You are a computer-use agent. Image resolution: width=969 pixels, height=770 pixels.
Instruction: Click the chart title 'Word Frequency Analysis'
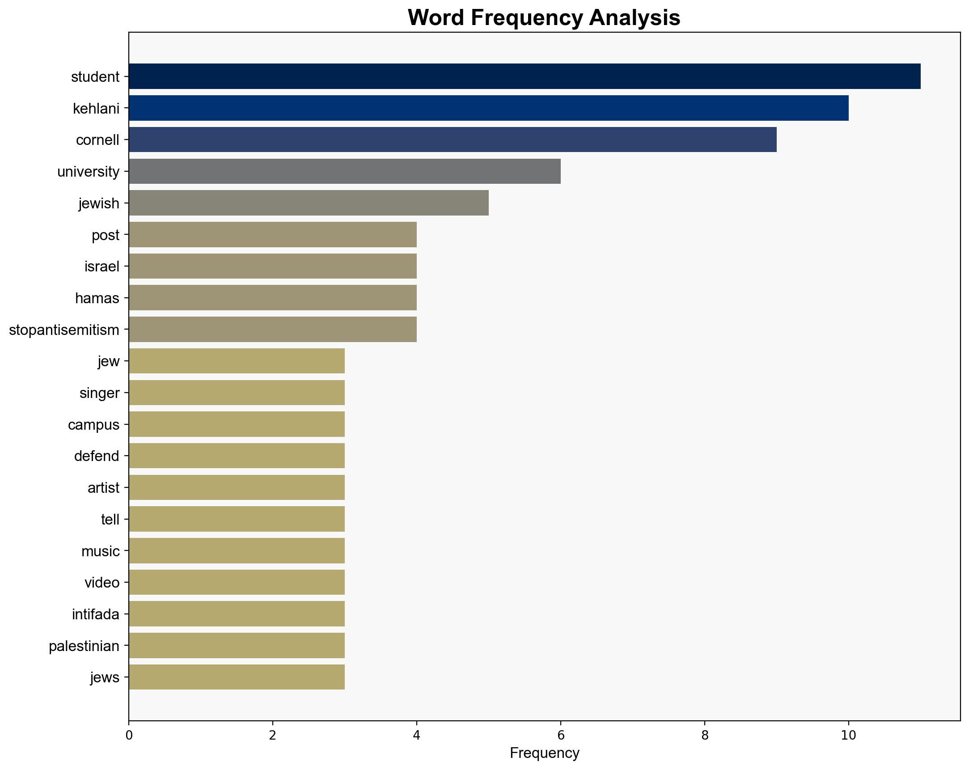[544, 18]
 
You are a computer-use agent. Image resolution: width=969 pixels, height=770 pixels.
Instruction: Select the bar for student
[525, 76]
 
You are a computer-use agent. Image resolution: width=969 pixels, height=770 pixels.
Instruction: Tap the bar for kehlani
[489, 108]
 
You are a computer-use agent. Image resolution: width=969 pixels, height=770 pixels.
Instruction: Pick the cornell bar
[453, 140]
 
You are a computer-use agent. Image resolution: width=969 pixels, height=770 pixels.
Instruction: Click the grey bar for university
[345, 171]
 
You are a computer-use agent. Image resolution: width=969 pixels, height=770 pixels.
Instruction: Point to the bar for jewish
[309, 203]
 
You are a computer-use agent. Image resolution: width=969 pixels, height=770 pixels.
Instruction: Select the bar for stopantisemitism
[273, 330]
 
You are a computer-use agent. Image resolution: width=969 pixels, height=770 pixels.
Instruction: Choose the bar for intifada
[237, 614]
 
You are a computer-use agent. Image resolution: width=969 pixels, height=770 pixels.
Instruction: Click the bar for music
[237, 550]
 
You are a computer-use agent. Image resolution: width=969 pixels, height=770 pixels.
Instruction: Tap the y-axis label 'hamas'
[97, 298]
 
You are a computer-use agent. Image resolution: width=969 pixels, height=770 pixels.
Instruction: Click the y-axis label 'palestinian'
[84, 647]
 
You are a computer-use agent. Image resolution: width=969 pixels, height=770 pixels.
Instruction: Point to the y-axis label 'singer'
[99, 393]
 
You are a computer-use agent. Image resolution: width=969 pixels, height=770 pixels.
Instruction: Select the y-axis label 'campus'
[93, 425]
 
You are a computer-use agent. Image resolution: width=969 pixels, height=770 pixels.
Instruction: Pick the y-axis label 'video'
[102, 583]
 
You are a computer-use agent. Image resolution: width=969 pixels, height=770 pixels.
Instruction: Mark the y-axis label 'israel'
[102, 267]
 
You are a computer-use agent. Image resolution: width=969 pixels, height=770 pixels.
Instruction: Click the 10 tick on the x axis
[848, 736]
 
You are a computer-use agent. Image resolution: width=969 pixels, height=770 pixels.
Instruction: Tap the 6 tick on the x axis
[560, 736]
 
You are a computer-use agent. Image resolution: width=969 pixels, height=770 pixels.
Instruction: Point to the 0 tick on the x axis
[129, 736]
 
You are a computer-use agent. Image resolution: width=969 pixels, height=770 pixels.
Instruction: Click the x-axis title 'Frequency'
[544, 753]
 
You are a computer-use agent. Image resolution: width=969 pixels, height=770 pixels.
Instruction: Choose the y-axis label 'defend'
[97, 456]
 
